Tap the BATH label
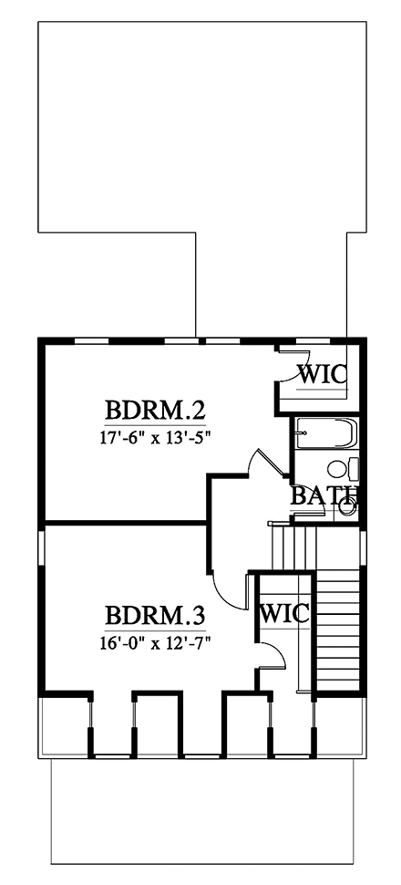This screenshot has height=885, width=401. tap(324, 496)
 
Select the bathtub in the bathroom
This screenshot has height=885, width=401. tap(325, 435)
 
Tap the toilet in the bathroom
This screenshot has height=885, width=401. tap(341, 470)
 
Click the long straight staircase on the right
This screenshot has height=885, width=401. tap(336, 630)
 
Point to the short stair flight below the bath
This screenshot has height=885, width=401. tap(293, 547)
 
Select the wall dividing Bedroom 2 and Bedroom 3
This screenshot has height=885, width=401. tap(124, 524)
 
